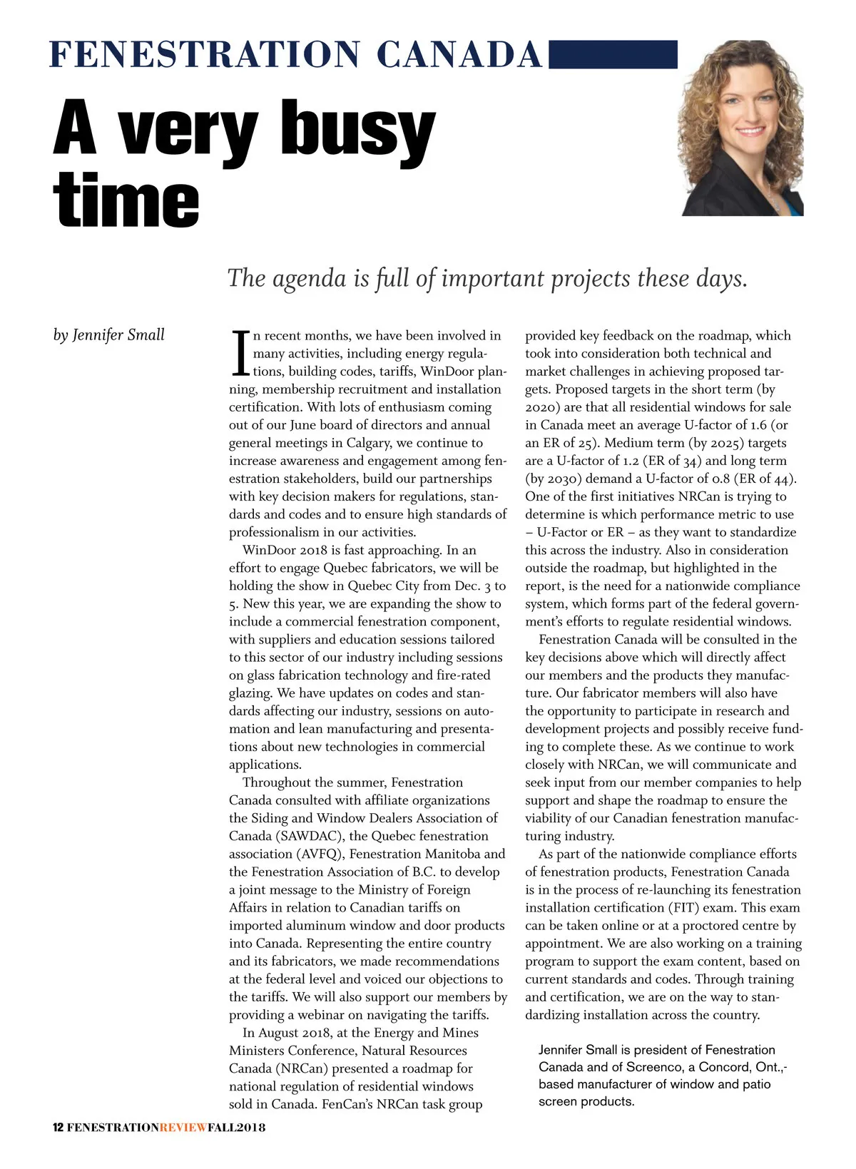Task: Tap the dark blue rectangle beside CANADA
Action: coord(613,54)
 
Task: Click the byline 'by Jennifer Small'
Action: coord(108,335)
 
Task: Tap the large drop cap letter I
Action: coord(240,354)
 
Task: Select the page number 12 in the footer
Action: coord(58,1127)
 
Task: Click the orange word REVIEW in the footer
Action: coord(183,1127)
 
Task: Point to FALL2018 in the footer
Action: coord(236,1127)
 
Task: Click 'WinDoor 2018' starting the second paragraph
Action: coord(280,550)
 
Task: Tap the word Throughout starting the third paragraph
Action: coord(276,782)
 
